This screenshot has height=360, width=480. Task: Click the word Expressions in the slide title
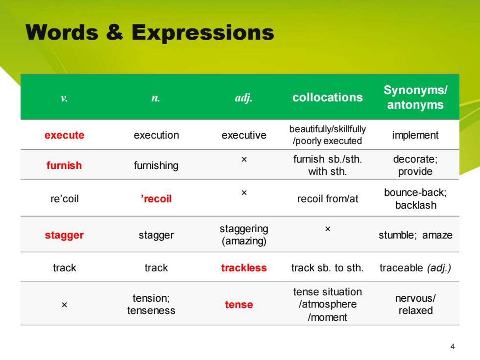pyautogui.click(x=203, y=33)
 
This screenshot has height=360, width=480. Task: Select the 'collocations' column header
pyautogui.click(x=328, y=97)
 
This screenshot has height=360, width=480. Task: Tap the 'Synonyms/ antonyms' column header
pyautogui.click(x=415, y=97)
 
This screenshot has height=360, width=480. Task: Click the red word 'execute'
pyautogui.click(x=64, y=135)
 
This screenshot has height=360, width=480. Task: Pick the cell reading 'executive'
pyautogui.click(x=244, y=135)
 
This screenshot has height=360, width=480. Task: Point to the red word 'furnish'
pyautogui.click(x=64, y=166)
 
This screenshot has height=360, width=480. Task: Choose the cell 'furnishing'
pyautogui.click(x=156, y=166)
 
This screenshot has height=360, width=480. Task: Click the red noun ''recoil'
pyautogui.click(x=156, y=199)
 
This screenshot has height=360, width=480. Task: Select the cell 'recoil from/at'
pyautogui.click(x=328, y=199)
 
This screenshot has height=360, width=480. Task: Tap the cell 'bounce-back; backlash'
pyautogui.click(x=415, y=199)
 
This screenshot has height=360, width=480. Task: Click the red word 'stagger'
pyautogui.click(x=64, y=235)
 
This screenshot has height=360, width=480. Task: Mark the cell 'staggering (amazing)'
pyautogui.click(x=244, y=235)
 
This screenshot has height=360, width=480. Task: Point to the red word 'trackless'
pyautogui.click(x=244, y=268)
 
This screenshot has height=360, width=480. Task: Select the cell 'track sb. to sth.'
pyautogui.click(x=328, y=268)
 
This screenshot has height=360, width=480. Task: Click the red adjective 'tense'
pyautogui.click(x=239, y=305)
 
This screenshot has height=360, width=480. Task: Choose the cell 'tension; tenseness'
pyautogui.click(x=151, y=304)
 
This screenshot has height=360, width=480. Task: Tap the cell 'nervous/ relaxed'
pyautogui.click(x=415, y=304)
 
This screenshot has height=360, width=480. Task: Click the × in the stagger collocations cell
pyautogui.click(x=328, y=229)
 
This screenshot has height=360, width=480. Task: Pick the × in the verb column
pyautogui.click(x=64, y=305)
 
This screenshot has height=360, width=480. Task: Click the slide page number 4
pyautogui.click(x=453, y=347)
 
